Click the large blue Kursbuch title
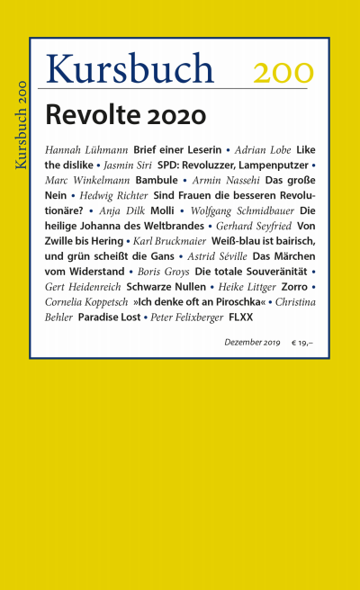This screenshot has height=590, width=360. pos(130,68)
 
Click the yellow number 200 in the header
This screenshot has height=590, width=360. pos(283,71)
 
